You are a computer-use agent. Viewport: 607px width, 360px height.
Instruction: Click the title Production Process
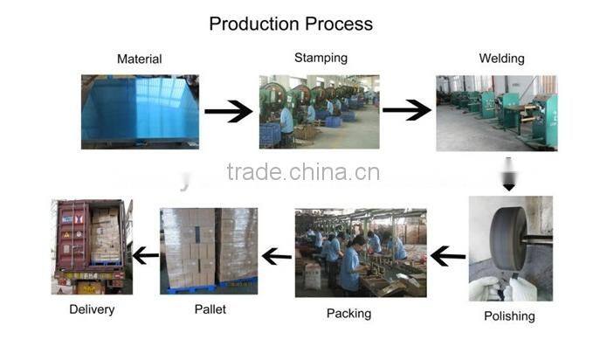pos(291,24)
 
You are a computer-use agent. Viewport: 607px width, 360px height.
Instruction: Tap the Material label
pos(139,59)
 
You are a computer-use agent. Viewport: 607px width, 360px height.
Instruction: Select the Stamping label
pos(321,58)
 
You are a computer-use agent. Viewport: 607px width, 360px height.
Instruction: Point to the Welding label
pos(501,59)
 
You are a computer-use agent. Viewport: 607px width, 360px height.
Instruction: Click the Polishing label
pos(509,316)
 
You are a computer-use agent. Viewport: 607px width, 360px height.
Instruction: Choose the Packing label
pos(348,313)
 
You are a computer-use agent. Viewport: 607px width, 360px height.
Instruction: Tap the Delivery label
pos(92,309)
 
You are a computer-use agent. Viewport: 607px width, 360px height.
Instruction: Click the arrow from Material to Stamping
pos(229,111)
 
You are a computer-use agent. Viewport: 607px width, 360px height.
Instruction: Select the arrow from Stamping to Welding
pos(406,111)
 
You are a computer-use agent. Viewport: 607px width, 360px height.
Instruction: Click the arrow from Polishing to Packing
pos(448,256)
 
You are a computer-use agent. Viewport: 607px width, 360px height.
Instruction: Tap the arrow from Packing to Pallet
pos(277,256)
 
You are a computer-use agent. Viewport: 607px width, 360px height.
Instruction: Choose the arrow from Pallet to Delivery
pos(145,256)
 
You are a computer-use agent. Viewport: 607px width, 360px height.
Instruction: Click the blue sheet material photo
pos(140,111)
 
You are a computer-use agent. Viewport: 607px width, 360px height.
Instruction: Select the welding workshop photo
pos(496,113)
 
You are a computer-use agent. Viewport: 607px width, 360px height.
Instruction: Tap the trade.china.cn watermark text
pos(302,172)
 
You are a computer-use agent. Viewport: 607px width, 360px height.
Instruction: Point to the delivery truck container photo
pos(92,247)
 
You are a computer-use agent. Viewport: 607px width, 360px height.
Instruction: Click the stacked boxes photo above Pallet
pos(209,250)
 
